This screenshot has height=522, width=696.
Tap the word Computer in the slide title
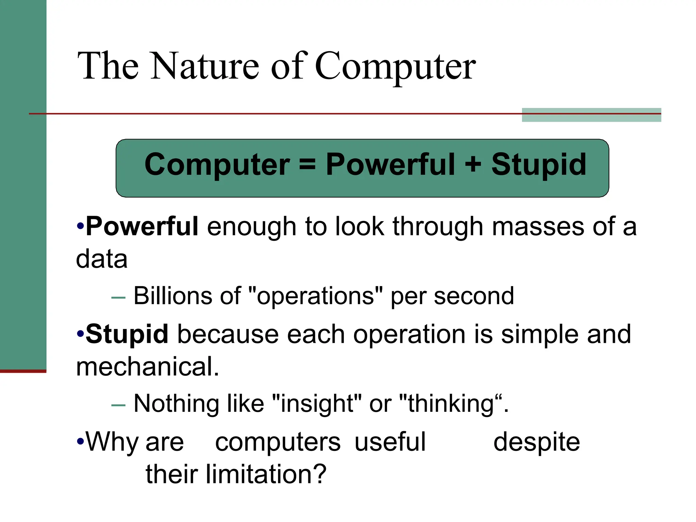coord(395,66)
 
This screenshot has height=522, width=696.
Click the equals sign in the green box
coord(308,164)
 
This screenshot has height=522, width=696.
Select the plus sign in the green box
coord(473,164)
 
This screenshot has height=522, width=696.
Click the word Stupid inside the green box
coord(539,164)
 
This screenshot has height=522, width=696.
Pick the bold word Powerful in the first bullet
coord(142,226)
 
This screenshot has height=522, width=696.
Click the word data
coord(102,259)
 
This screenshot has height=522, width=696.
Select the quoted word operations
coord(315,296)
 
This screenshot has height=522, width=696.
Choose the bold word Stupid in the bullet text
coord(127,334)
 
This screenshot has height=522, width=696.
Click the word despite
coord(537,442)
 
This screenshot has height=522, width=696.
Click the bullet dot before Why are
coord(80,442)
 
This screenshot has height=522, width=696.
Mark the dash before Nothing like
coord(118,405)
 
